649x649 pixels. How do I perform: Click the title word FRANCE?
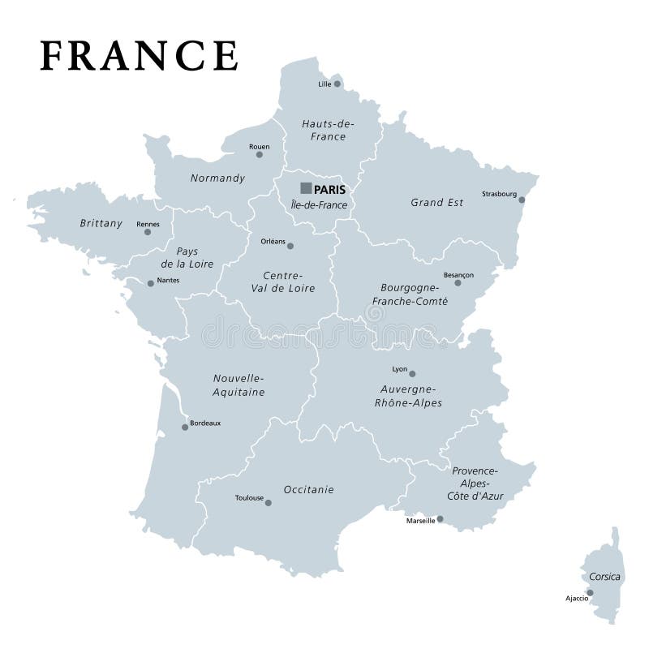(139, 55)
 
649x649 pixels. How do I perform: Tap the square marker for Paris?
(306, 188)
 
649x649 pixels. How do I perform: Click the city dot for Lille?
(337, 84)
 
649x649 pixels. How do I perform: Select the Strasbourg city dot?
(522, 200)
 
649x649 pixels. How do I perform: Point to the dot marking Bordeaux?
(185, 427)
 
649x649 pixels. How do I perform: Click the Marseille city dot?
(440, 519)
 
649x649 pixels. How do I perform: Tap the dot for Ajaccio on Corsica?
(590, 592)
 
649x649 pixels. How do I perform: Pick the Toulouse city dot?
(269, 503)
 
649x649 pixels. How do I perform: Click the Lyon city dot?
(412, 374)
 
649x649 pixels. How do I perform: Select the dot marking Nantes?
(150, 283)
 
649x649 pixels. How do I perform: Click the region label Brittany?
(101, 223)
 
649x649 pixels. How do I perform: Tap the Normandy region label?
(217, 178)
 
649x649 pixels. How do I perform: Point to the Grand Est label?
(437, 202)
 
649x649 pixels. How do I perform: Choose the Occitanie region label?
(308, 489)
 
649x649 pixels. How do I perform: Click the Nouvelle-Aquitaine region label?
(239, 385)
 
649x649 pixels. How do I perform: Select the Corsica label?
(605, 577)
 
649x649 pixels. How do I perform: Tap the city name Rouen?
(260, 147)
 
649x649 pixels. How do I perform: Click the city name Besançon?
(458, 274)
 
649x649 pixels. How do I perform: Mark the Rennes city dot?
(148, 232)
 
